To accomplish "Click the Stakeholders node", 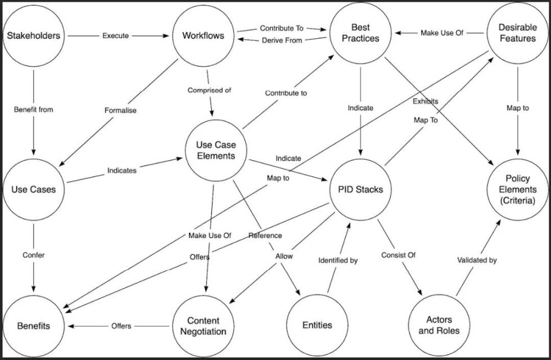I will (34, 36).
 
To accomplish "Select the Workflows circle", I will (203, 36).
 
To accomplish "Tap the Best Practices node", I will (360, 33).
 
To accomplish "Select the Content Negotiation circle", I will (203, 325).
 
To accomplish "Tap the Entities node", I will (317, 325).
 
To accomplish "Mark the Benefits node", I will (34, 325).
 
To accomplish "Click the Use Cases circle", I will (34, 190).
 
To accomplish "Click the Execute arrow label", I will (115, 36).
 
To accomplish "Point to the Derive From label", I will (282, 40).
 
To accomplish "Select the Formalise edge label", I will (120, 110).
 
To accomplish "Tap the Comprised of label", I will (209, 90).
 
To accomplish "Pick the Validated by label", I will (477, 260).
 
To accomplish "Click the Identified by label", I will (338, 260).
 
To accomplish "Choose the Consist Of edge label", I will (398, 255).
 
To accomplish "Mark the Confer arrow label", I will (34, 255).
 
